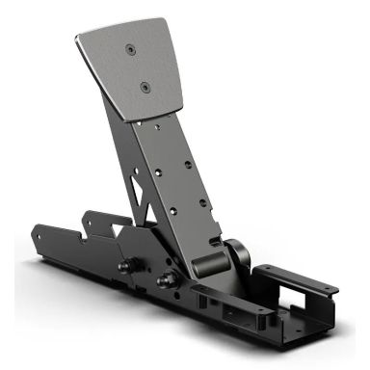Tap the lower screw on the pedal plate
[145, 86]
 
